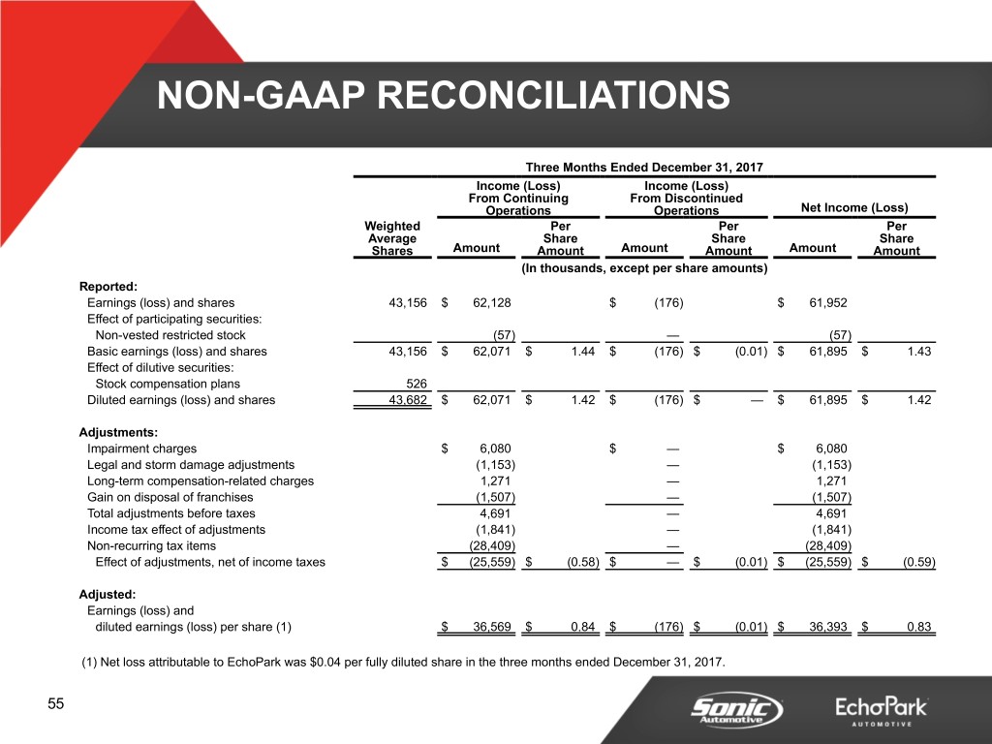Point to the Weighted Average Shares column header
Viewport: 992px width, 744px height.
tap(392, 238)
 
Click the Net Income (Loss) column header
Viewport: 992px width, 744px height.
tap(853, 207)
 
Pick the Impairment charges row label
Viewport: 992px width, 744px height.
tap(141, 449)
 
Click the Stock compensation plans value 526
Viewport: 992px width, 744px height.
tap(413, 383)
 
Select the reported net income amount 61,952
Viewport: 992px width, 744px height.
tap(827, 302)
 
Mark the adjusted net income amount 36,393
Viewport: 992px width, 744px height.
tap(827, 627)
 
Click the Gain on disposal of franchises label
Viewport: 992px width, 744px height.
tap(169, 498)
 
